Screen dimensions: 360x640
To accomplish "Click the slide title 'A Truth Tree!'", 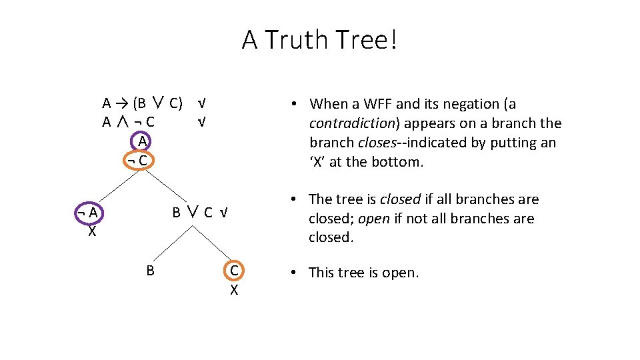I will coord(320,40).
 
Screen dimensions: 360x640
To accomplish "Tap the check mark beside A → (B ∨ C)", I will coord(201,103).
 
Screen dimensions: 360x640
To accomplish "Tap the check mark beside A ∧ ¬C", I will coord(201,123).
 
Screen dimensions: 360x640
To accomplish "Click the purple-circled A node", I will coord(143,141).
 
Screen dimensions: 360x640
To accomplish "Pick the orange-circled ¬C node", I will coord(140,161).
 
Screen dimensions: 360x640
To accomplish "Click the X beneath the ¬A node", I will coord(92,232).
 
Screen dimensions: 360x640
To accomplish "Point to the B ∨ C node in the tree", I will coord(193,213).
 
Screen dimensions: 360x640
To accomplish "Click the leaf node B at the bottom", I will coord(151,270).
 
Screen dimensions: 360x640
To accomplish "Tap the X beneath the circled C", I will coord(234,290).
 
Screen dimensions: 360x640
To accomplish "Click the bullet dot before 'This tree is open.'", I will coord(295,273).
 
